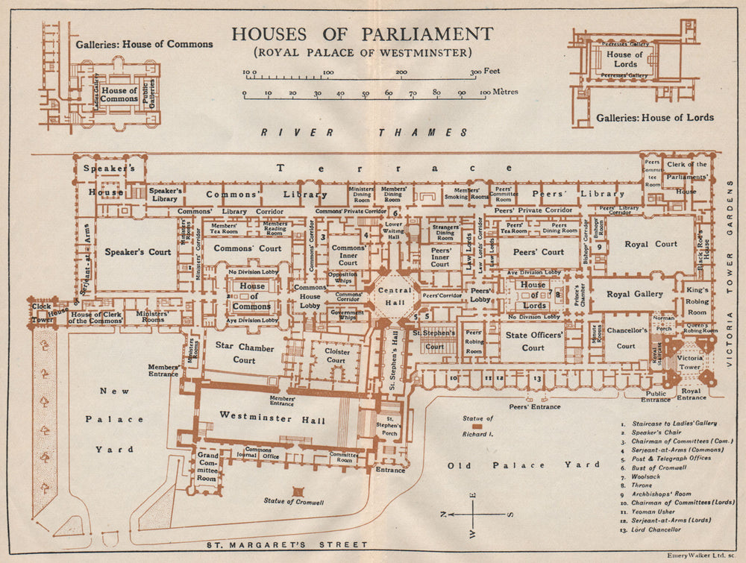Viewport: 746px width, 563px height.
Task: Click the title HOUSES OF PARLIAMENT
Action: (362, 34)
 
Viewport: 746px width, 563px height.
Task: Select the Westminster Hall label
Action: (272, 421)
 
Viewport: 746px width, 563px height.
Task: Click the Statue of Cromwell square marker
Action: (298, 491)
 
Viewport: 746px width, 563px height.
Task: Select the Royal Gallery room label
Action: (634, 294)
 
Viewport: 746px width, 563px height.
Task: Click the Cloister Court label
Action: (336, 355)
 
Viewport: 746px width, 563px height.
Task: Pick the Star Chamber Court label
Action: (245, 353)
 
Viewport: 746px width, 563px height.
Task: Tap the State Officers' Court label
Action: (533, 342)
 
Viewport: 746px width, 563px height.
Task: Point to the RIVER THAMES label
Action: (365, 132)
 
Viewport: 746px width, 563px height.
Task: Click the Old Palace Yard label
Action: (522, 465)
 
